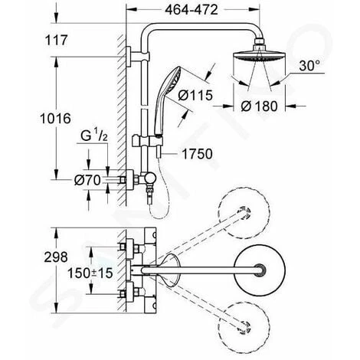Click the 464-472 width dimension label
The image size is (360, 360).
(191, 10)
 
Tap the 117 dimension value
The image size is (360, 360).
(56, 41)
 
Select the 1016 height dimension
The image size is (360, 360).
(55, 119)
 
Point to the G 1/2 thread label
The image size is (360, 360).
(94, 136)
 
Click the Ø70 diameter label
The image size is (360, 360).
(87, 181)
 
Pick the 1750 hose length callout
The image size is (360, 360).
(197, 154)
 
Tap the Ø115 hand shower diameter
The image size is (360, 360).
(195, 95)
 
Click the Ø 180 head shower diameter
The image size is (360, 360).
(259, 106)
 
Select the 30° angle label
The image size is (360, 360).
(309, 66)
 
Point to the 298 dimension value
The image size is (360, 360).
(56, 257)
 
